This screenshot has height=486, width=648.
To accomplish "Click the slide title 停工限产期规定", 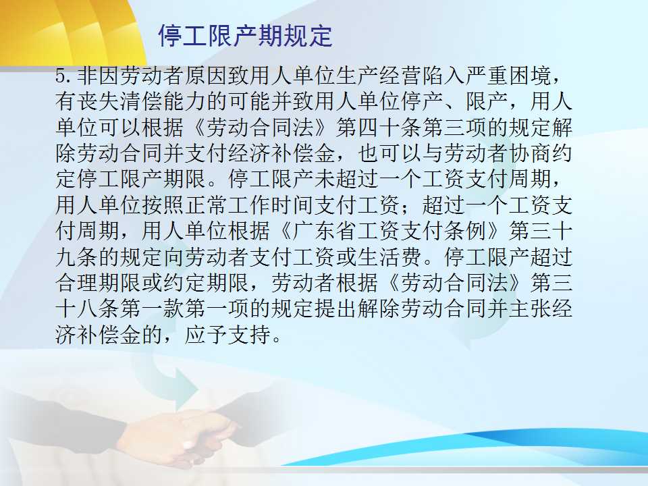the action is tap(245, 36).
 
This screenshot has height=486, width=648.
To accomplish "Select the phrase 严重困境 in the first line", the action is tap(507, 76).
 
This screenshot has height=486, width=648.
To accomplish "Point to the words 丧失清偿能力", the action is tap(120, 101).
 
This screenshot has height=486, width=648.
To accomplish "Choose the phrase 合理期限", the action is tap(99, 282).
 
